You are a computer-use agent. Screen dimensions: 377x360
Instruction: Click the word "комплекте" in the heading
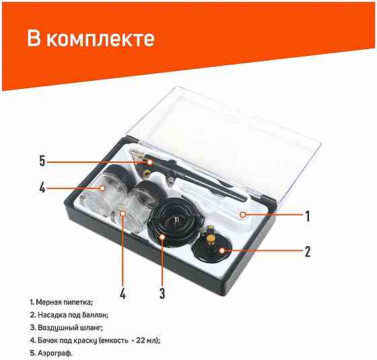coord(100,39)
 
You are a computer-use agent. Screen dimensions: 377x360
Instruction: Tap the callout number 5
coord(42,161)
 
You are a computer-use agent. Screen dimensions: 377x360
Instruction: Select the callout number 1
coord(308,216)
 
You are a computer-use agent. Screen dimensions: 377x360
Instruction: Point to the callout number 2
coord(308,252)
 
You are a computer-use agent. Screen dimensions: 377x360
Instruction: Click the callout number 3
coord(162,293)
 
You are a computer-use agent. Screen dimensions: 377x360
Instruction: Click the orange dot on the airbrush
coord(150,162)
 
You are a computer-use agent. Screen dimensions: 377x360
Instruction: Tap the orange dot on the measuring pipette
coord(243,215)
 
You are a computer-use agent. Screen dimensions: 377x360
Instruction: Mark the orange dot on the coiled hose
coord(162,237)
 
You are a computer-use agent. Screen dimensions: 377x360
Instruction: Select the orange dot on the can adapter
coord(221,250)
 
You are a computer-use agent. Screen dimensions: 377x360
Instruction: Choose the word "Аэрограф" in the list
coord(55,353)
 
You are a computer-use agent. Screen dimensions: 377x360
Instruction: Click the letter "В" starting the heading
coord(34,38)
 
